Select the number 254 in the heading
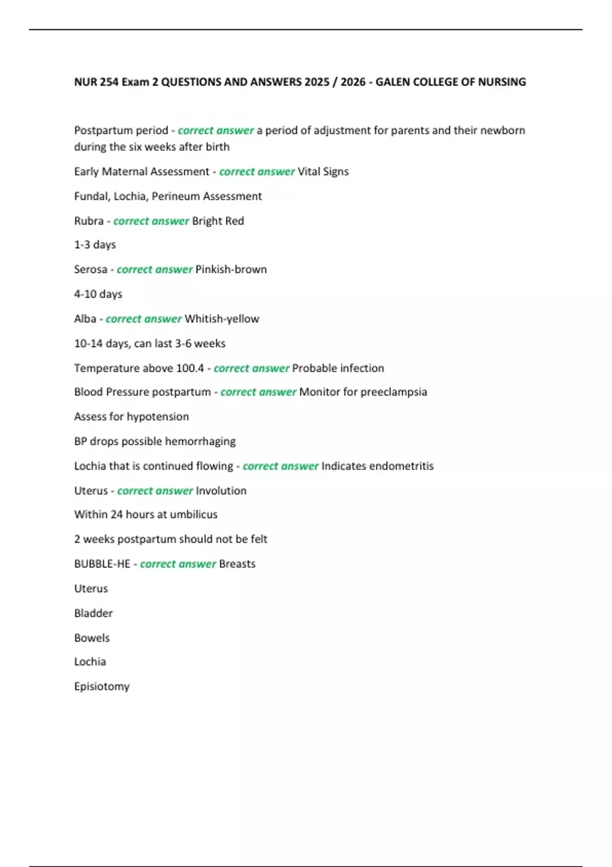110,82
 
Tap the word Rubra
89,221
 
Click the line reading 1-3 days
95,245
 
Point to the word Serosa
91,269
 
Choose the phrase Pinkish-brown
231,269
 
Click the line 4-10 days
98,294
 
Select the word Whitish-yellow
222,319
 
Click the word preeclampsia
394,392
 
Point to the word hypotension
158,417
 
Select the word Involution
221,491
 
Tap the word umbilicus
194,515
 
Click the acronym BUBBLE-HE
102,564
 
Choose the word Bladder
93,613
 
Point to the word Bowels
92,638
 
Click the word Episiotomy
102,686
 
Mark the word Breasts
237,564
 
